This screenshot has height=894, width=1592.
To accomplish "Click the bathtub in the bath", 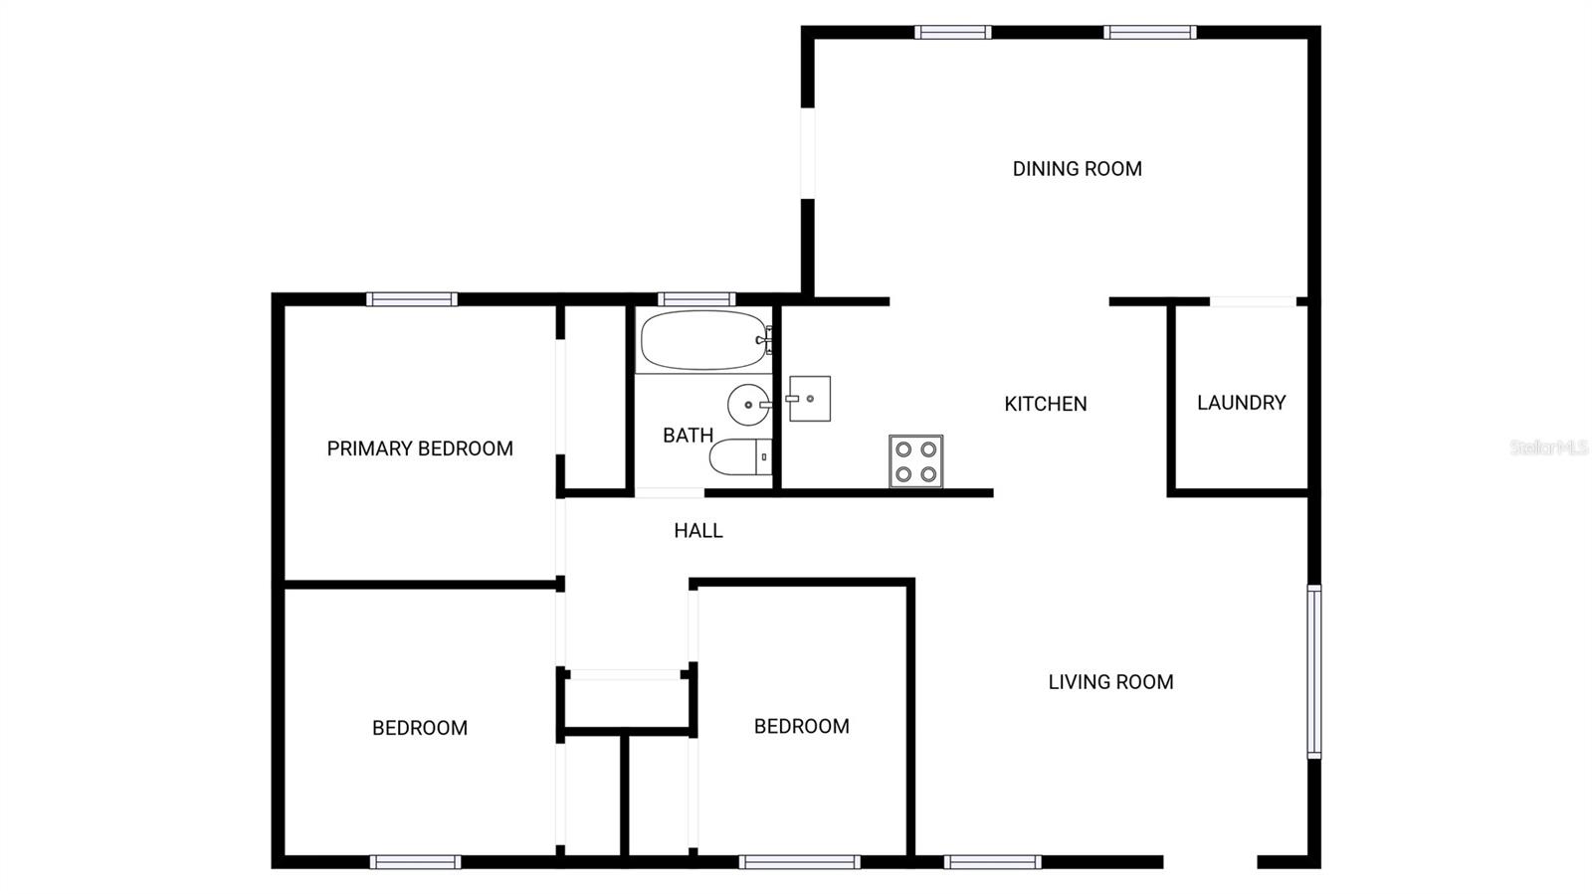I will (x=703, y=340).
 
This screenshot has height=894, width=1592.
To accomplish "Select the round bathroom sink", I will (x=748, y=405).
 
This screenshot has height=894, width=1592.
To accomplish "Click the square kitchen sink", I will (x=810, y=399).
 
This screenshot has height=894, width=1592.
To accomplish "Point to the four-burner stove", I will (x=915, y=461).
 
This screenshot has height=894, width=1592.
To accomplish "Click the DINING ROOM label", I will (x=1077, y=169).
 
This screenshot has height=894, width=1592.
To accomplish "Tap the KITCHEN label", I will (x=1045, y=404).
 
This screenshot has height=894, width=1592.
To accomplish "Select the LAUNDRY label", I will (x=1241, y=403).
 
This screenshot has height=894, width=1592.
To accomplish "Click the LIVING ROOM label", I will (x=1110, y=682).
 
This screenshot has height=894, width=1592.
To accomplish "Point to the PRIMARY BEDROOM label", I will (x=420, y=448).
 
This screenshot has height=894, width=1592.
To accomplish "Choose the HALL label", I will (x=697, y=531).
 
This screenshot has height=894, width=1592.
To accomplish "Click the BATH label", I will (x=688, y=436).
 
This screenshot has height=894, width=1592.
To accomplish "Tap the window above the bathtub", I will (x=696, y=298).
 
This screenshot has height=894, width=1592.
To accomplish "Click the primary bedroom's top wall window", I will (x=411, y=298).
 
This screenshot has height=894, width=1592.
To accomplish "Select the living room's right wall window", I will (x=1313, y=671).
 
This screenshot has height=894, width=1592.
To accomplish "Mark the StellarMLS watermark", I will (x=1548, y=447).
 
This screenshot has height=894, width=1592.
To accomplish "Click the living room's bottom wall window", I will (x=992, y=862).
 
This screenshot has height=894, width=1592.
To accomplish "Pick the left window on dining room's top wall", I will (x=952, y=32).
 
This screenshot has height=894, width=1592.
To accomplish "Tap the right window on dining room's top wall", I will (x=1149, y=32).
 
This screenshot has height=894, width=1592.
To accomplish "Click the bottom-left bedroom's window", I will (x=415, y=862).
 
